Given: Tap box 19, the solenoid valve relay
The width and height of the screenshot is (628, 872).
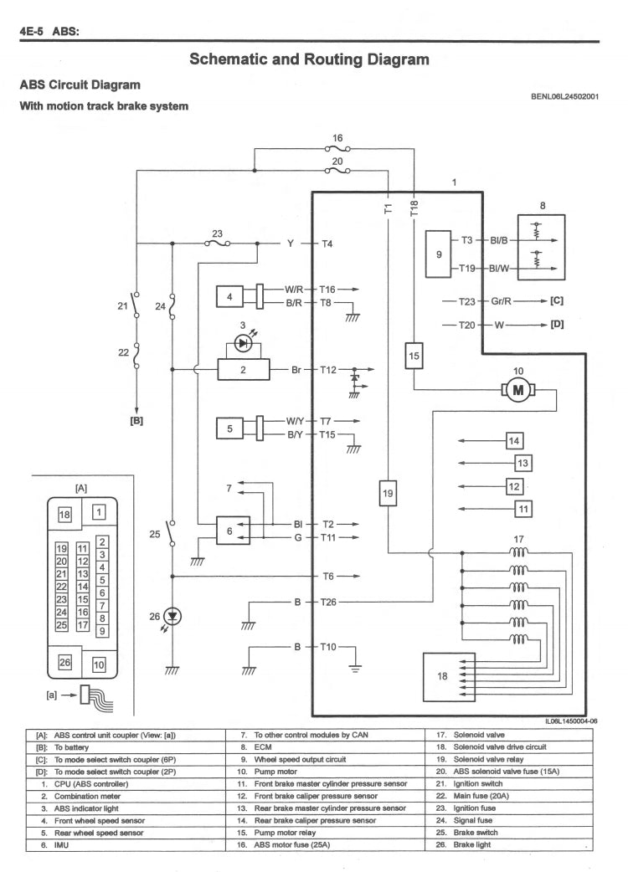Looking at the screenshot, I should click(x=388, y=494).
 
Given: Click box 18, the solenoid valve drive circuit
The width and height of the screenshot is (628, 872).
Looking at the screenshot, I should click(x=443, y=675).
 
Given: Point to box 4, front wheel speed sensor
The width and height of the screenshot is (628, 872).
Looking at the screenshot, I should click(x=229, y=296).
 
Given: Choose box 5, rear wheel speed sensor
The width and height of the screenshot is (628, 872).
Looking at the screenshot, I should click(x=229, y=428).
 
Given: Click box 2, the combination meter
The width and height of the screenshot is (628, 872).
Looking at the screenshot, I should click(x=242, y=368).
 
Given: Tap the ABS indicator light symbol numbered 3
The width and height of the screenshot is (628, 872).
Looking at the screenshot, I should click(x=243, y=343).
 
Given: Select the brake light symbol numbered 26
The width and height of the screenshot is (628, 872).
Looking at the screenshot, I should click(x=172, y=616).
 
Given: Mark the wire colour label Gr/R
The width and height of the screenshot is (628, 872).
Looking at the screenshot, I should click(x=502, y=300).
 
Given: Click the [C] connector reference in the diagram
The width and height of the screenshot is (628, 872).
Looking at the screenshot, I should click(x=556, y=300).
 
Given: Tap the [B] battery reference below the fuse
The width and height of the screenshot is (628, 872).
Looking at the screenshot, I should click(x=136, y=421).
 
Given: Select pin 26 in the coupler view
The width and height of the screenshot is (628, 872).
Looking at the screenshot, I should click(x=64, y=664).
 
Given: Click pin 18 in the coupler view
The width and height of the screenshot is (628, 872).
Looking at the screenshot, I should click(x=64, y=515).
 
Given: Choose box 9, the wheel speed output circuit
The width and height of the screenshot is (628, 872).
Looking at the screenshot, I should click(x=440, y=254).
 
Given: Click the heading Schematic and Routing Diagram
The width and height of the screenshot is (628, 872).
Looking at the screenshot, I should click(x=310, y=59).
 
